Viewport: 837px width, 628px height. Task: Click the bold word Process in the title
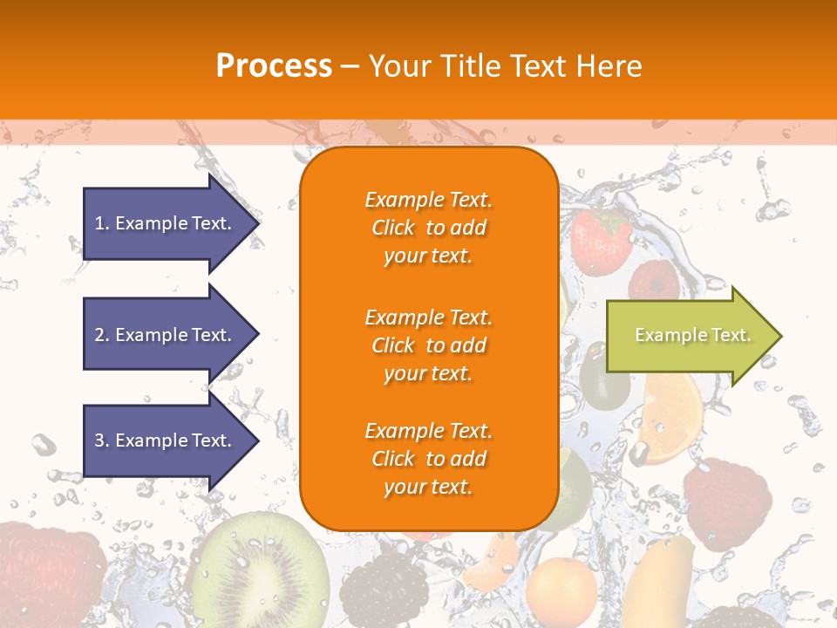(274, 65)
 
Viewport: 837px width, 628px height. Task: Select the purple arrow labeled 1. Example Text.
(166, 223)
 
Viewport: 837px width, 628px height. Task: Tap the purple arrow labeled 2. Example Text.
(166, 335)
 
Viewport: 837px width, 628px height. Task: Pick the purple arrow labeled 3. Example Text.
(166, 440)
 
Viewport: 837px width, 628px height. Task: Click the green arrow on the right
(689, 336)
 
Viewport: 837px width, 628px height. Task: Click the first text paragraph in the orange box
(429, 228)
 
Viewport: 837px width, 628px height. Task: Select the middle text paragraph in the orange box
(429, 345)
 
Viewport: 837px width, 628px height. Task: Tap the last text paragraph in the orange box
(429, 459)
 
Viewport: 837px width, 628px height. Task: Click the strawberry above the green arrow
(601, 237)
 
